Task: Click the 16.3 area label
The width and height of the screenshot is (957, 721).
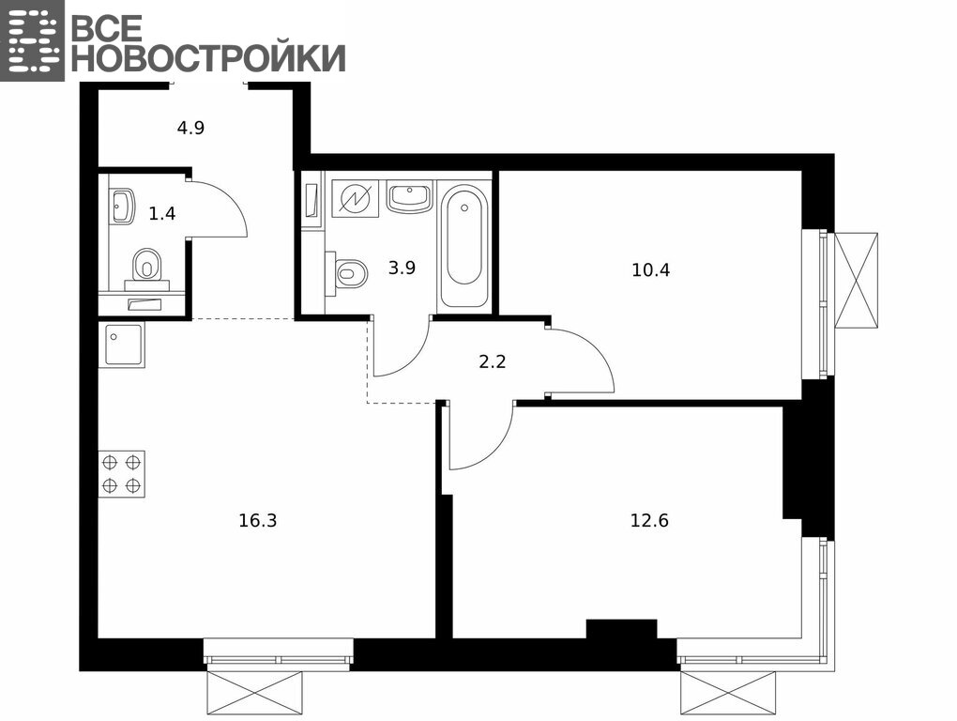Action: point(258,521)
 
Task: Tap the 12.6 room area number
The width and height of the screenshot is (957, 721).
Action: point(649,521)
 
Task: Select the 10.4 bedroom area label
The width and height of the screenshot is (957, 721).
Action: point(650,269)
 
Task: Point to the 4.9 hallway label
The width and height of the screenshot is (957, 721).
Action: point(190,129)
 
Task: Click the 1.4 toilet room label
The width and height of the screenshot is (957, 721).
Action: point(162,214)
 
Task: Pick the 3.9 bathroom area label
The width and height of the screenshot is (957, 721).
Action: point(402,268)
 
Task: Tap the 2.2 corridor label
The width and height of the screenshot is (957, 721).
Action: point(492,362)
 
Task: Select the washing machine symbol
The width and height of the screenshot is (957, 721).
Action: point(354,198)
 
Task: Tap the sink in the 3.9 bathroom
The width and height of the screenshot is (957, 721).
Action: point(409,196)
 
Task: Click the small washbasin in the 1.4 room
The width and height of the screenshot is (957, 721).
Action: point(122,207)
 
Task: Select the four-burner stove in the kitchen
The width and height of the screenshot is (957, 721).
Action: point(121,474)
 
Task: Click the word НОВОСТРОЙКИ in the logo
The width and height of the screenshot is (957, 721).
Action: point(208,57)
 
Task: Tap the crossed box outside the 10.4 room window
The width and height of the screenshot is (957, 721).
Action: point(856,281)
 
